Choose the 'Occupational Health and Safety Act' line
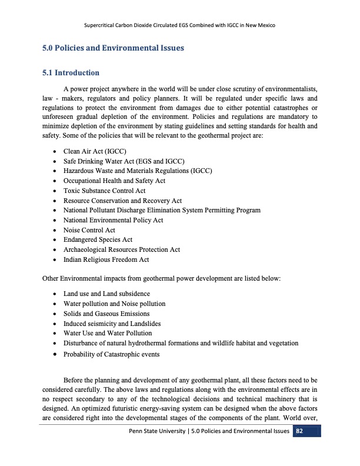[x=114, y=181]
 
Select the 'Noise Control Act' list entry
[x=89, y=229]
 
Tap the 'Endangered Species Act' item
[x=98, y=239]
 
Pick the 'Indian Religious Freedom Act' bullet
[x=106, y=259]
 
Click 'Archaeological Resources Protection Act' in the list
[x=121, y=249]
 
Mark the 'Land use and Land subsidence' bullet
[x=106, y=294]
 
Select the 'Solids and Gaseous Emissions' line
[x=106, y=314]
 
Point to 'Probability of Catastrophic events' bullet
[x=111, y=354]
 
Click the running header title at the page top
[x=180, y=26]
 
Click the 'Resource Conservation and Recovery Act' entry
[x=122, y=201]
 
